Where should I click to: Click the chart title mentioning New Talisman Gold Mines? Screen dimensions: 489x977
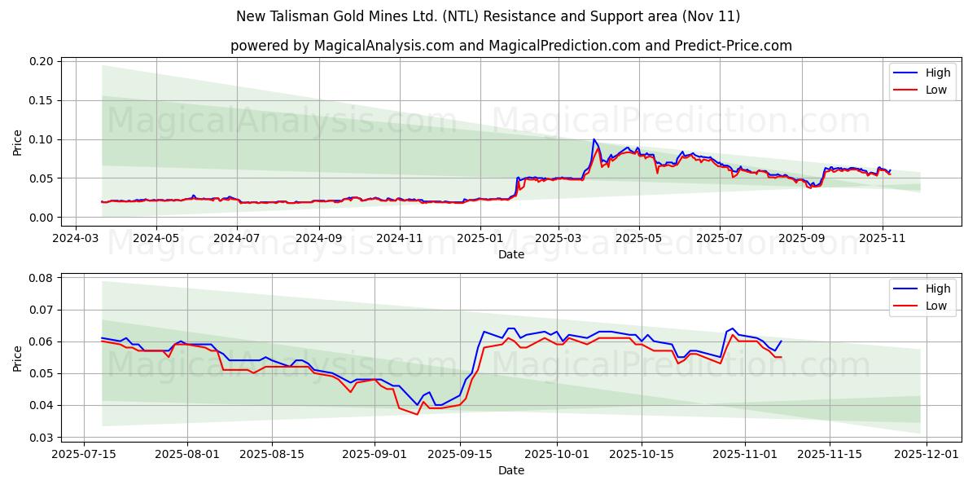pyautogui.click(x=488, y=16)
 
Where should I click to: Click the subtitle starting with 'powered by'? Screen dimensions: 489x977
pyautogui.click(x=510, y=46)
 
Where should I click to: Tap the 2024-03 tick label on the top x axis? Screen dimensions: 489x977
pyautogui.click(x=76, y=239)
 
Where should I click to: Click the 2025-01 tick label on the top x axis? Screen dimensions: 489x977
pyautogui.click(x=480, y=239)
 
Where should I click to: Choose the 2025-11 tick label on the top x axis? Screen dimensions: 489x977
pyautogui.click(x=882, y=239)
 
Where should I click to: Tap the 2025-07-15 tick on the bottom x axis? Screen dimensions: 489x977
pyautogui.click(x=85, y=455)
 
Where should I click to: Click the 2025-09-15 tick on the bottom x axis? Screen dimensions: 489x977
pyautogui.click(x=460, y=455)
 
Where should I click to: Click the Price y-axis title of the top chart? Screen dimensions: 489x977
pyautogui.click(x=18, y=142)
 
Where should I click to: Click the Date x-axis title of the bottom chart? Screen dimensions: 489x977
pyautogui.click(x=510, y=470)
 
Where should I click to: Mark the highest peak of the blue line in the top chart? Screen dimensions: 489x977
pyautogui.click(x=594, y=139)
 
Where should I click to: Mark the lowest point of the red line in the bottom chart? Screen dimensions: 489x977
pyautogui.click(x=418, y=414)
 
